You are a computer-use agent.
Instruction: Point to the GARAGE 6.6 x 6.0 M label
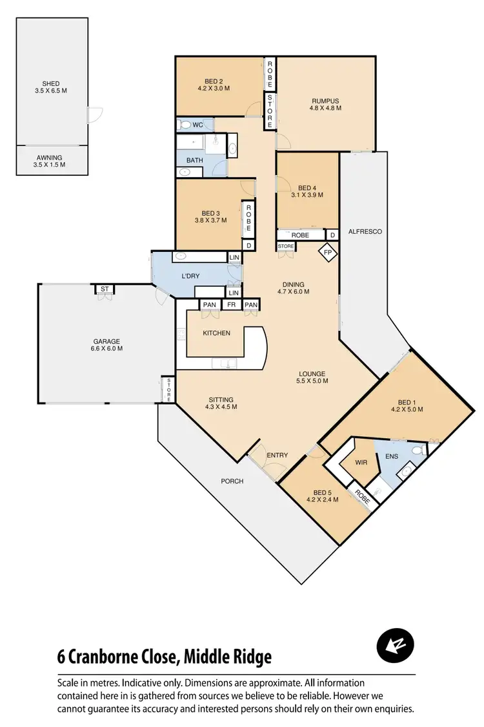click(106, 344)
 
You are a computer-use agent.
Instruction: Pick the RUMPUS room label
click(325, 104)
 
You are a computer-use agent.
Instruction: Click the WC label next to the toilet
click(197, 124)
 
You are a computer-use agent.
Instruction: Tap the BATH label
click(195, 160)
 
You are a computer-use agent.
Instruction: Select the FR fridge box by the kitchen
click(230, 305)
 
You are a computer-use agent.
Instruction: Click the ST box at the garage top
click(103, 289)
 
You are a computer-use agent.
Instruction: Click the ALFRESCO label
click(361, 231)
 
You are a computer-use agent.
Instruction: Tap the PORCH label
click(231, 481)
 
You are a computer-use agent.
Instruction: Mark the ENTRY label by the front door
click(277, 456)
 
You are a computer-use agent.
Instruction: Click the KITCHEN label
click(216, 333)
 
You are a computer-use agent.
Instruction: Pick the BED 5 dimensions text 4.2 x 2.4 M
click(321, 499)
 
